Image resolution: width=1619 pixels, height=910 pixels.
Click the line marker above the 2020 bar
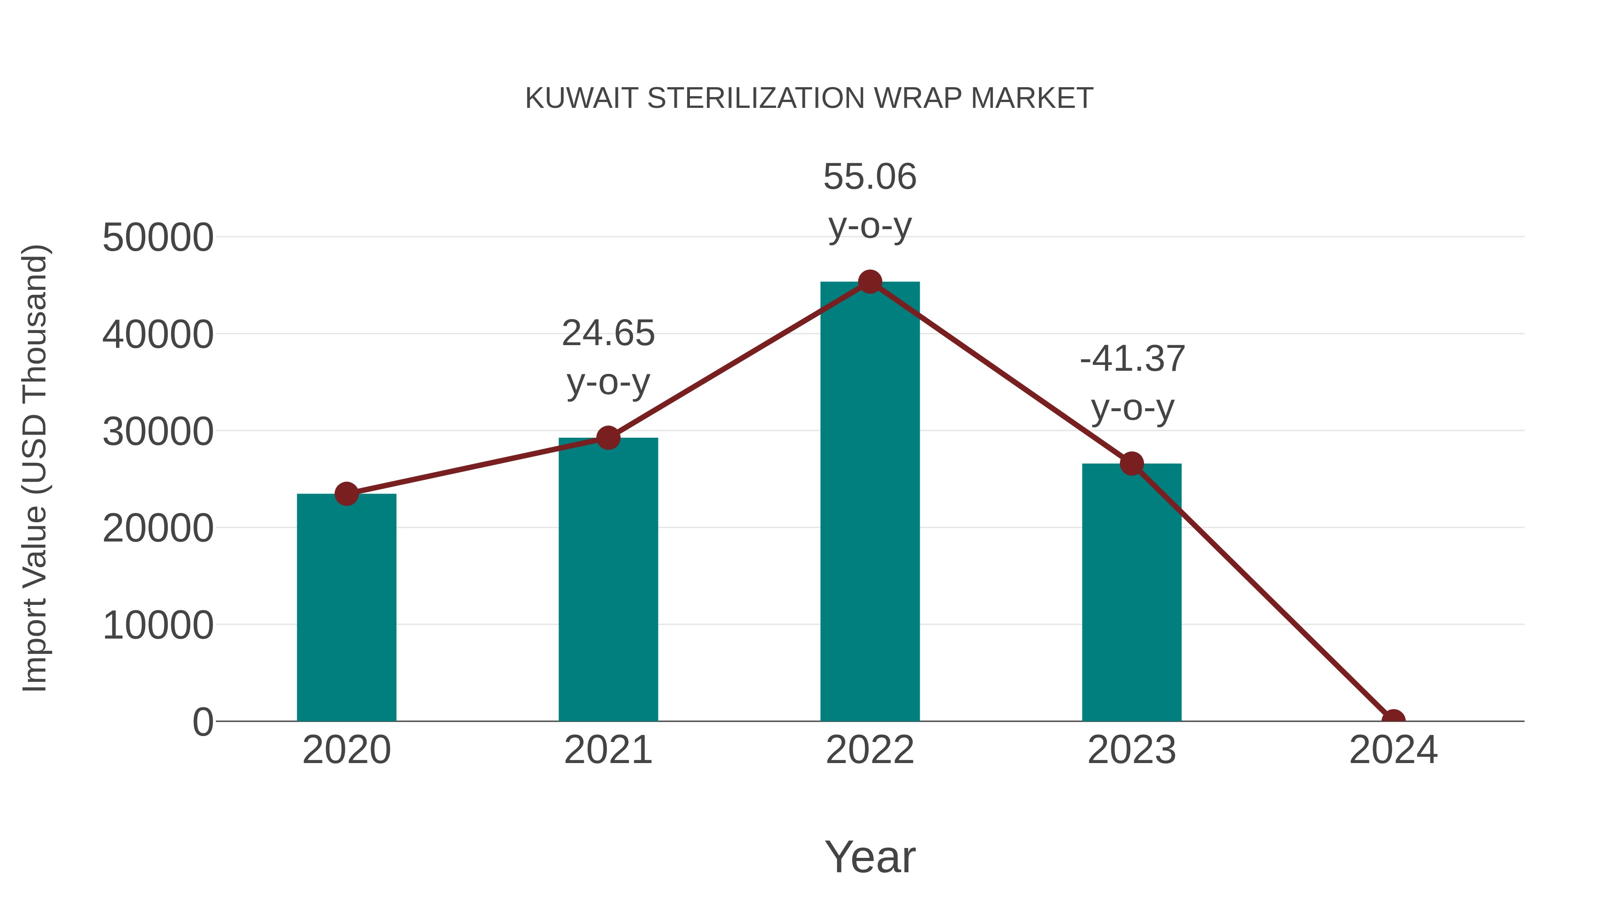click(x=346, y=494)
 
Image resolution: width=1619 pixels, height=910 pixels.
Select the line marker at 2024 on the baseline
click(x=1393, y=720)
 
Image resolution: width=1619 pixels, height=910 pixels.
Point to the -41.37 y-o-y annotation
click(x=1132, y=382)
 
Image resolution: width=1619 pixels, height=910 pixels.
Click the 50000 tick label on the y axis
click(x=158, y=238)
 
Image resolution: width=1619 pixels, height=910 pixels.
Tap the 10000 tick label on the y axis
click(x=158, y=626)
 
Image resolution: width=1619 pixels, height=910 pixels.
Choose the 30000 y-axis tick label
click(x=158, y=432)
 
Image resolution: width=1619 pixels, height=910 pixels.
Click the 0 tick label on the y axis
click(x=203, y=722)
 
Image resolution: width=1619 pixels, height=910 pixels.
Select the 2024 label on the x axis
click(x=1393, y=750)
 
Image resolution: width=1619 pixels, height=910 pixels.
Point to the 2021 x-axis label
click(x=608, y=750)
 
